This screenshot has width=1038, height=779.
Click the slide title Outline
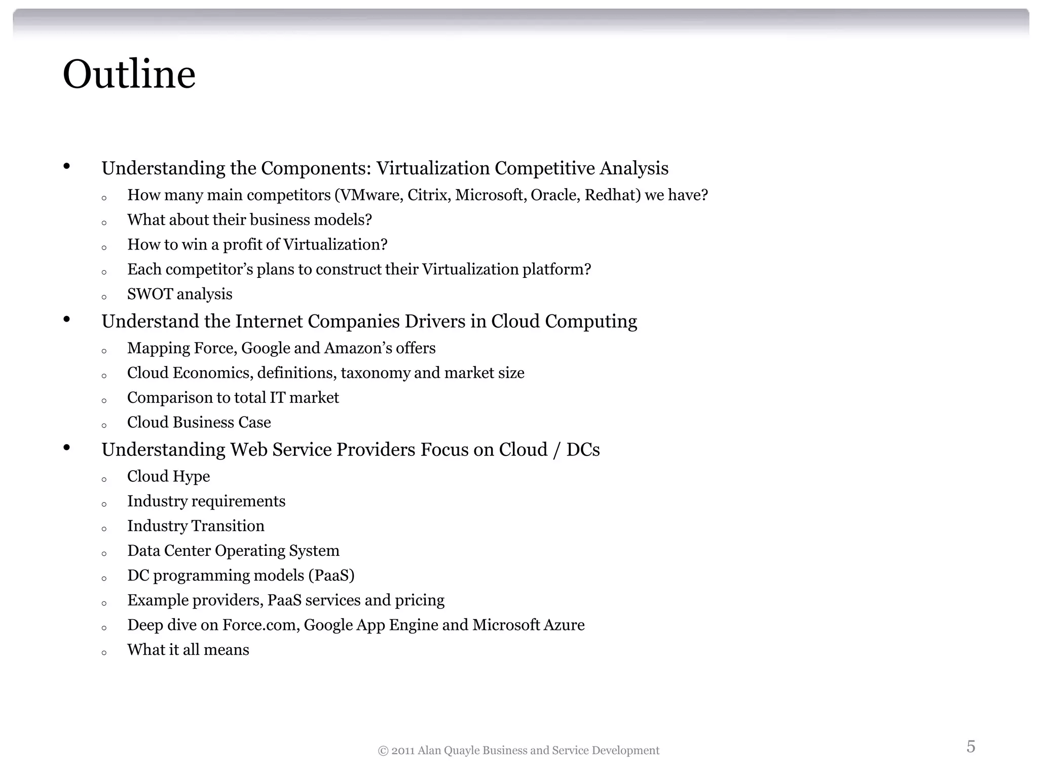[x=129, y=75]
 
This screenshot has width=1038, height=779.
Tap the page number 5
[x=971, y=746]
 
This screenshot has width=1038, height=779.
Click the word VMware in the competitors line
[x=369, y=195]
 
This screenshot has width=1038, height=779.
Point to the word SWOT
[x=150, y=294]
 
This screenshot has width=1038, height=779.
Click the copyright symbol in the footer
[x=383, y=751]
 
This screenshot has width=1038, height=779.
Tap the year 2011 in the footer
[x=403, y=751]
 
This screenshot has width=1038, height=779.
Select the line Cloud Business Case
[x=199, y=422]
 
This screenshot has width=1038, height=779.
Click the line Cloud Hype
[x=168, y=477]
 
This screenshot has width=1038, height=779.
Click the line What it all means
[x=188, y=650]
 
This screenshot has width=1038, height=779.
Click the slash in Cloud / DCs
[x=557, y=450]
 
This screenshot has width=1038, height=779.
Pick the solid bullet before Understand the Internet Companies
[x=66, y=320]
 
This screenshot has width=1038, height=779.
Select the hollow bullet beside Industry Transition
[x=104, y=529]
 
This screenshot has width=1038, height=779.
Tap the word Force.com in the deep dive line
[x=261, y=625]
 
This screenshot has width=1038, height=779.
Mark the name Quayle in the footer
[x=461, y=751]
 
